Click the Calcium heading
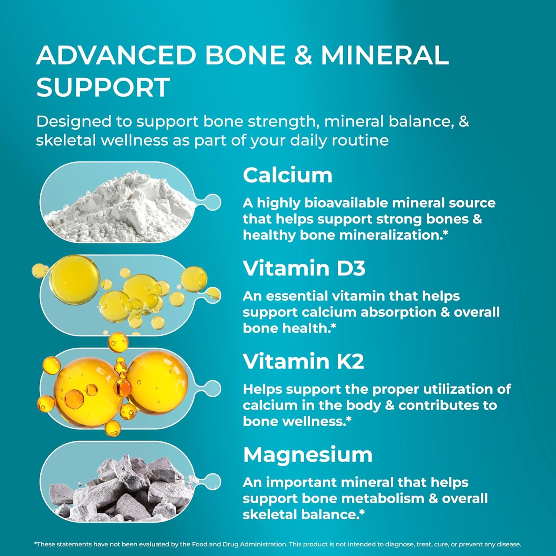point(287,175)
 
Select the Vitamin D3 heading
point(304,268)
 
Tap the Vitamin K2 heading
point(303,361)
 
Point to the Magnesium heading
point(308,454)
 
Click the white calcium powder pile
point(119,208)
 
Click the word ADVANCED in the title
point(116,55)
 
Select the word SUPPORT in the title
point(103,87)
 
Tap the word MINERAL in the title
point(385,55)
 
